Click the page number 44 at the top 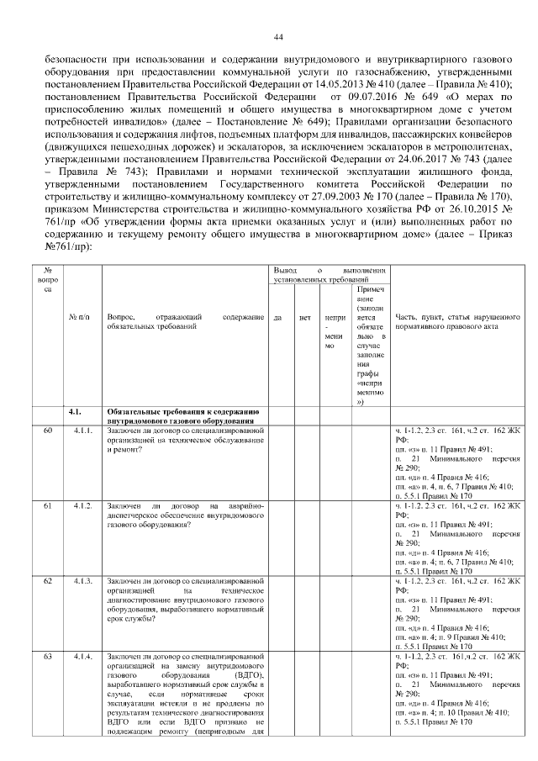point(278,36)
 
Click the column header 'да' point(277,318)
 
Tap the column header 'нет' point(305,318)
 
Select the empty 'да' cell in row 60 point(277,462)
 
